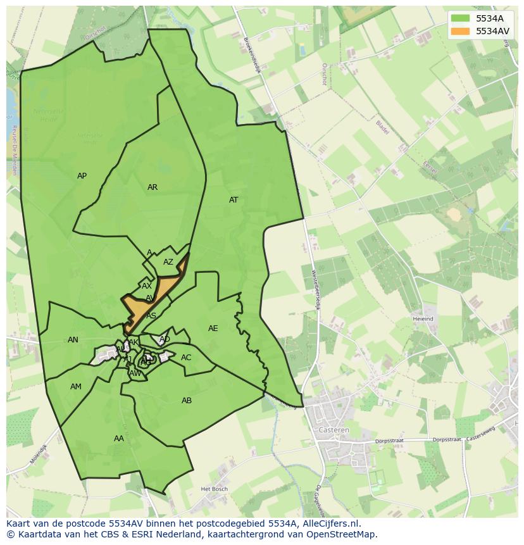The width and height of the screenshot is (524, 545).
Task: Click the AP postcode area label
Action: tap(82, 176)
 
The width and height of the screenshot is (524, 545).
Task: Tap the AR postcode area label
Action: tap(153, 187)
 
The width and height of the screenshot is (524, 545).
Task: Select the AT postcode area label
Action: tap(234, 200)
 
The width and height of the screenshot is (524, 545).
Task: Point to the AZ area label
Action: tap(168, 262)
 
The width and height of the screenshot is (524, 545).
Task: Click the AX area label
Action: tap(147, 286)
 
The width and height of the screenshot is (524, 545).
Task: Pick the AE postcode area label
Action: tap(213, 329)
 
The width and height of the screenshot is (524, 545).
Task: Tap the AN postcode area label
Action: tap(73, 340)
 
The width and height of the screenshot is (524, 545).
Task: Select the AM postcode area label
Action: tap(76, 387)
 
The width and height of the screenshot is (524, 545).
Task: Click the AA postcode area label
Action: tap(119, 439)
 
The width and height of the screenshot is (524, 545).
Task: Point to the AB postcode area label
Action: tap(187, 401)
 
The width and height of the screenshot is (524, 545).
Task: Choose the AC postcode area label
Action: tap(186, 358)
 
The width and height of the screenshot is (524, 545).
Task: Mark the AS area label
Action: tap(151, 315)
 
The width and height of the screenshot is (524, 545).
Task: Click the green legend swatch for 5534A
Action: tap(461, 18)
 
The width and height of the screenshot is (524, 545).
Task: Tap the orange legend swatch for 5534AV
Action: tap(461, 30)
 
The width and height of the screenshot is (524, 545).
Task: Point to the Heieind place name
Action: tap(423, 319)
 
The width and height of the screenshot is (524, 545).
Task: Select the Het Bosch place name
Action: tap(213, 489)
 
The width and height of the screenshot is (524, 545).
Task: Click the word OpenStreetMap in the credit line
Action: tap(342, 534)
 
